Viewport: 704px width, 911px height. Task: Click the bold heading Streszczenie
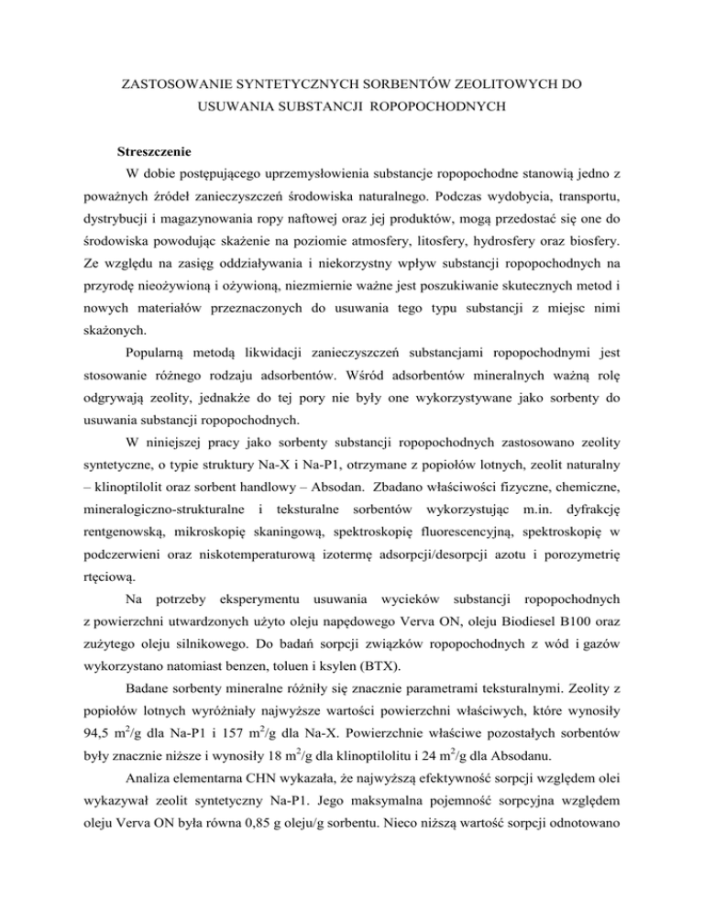pos(149,149)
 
